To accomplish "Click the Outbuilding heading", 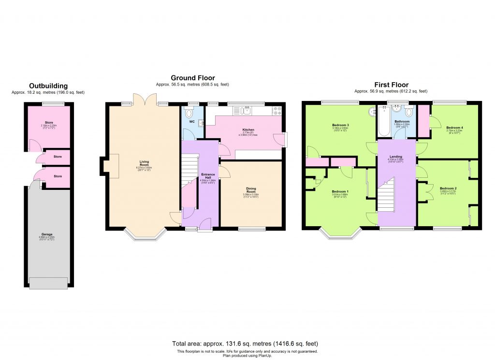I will [48, 86].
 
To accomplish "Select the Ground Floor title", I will [192, 78].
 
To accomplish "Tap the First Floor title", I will [391, 85].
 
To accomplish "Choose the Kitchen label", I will [248, 130].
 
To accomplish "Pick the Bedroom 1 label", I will [340, 191].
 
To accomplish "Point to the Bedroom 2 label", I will [448, 188].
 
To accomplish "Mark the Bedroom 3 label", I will [340, 125].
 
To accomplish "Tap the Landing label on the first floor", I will [396, 157].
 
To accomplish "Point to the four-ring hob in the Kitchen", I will [278, 111].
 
